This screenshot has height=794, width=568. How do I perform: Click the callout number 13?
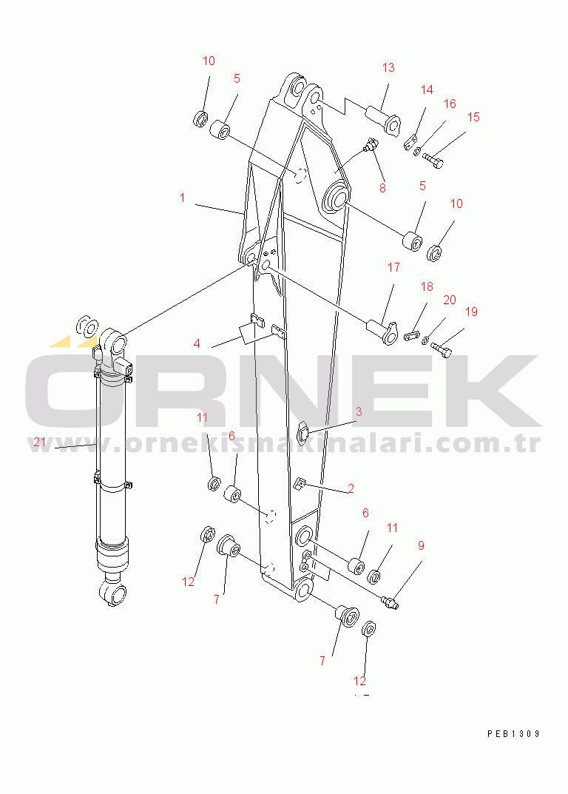tap(388, 68)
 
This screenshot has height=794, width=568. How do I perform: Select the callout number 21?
tap(40, 442)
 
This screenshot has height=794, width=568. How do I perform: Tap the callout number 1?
tap(182, 198)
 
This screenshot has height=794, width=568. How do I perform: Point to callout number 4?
tap(197, 344)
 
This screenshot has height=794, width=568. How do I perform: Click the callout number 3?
tap(359, 411)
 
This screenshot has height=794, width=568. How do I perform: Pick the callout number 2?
tap(351, 488)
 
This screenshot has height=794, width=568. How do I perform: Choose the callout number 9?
tap(421, 545)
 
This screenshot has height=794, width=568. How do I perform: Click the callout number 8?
tap(382, 188)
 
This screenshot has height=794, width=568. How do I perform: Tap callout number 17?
tap(394, 267)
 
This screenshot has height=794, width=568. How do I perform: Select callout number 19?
tap(471, 312)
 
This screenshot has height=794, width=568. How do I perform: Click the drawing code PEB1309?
tap(514, 734)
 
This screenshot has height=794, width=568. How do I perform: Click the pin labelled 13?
tap(384, 118)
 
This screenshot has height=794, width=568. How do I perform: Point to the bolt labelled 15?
tap(433, 161)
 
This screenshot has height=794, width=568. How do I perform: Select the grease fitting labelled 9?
tap(390, 602)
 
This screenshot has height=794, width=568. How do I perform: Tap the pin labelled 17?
tap(382, 330)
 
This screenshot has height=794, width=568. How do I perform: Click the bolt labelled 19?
tap(441, 349)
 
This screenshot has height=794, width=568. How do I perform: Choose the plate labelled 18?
tap(413, 335)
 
